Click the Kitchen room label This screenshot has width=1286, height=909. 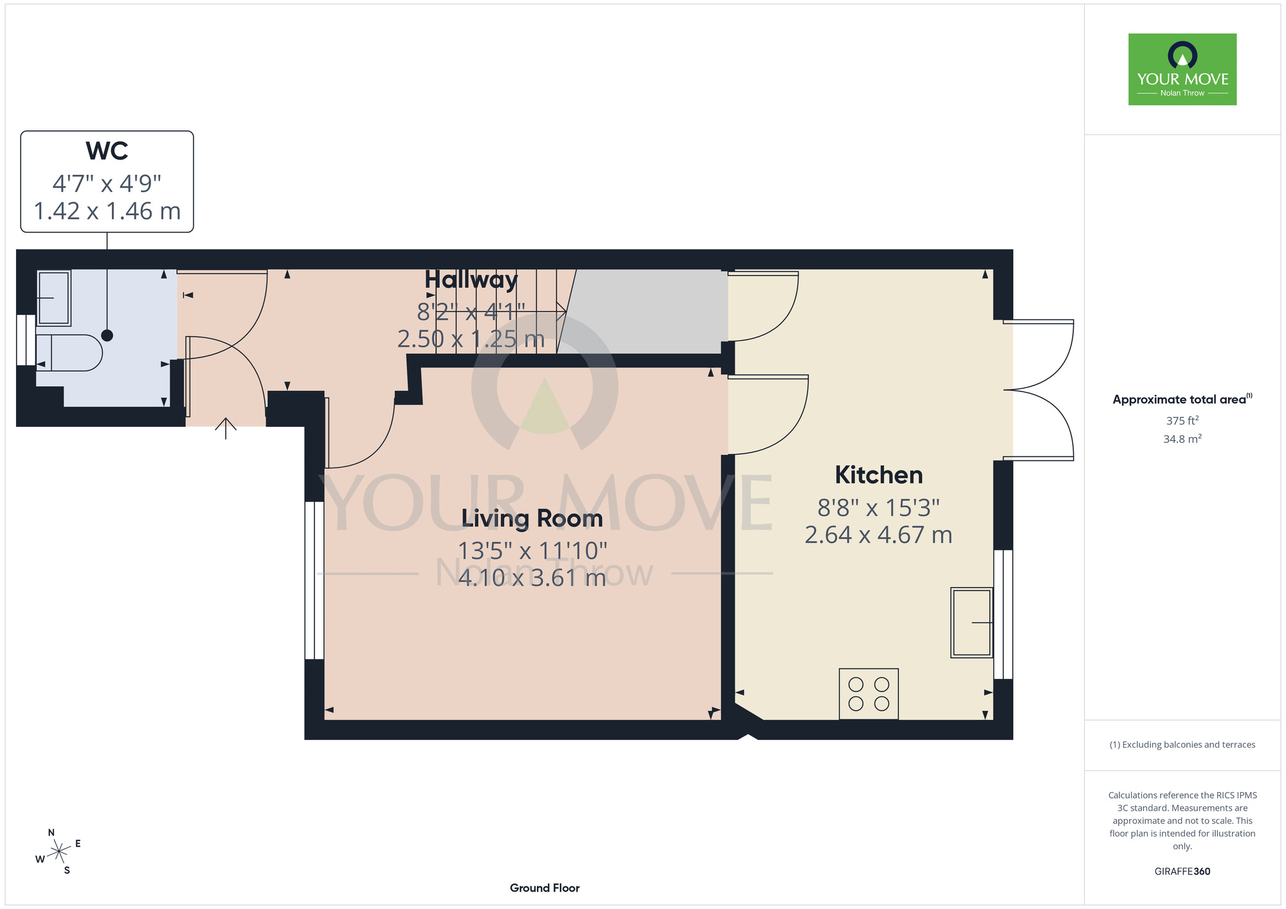878,475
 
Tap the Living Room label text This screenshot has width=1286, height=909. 532,518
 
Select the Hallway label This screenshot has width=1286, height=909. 471,280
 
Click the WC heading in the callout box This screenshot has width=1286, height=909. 107,150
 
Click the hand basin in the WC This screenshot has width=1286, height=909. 54,298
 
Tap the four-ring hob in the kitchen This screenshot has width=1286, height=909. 869,694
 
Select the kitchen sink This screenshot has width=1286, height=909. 972,622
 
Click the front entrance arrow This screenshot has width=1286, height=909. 226,429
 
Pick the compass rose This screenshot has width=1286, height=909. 59,852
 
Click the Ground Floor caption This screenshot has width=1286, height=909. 545,888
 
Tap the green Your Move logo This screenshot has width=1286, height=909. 1182,69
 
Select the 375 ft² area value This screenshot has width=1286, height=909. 1182,420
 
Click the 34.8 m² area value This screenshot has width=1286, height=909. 1182,438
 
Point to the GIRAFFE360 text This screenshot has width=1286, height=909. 1182,872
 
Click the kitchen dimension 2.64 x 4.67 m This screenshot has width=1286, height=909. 878,535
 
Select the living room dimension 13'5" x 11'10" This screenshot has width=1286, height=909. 532,551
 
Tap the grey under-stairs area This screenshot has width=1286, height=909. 643,311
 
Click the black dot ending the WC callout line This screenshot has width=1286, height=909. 107,335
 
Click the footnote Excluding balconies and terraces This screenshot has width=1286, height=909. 1182,744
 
